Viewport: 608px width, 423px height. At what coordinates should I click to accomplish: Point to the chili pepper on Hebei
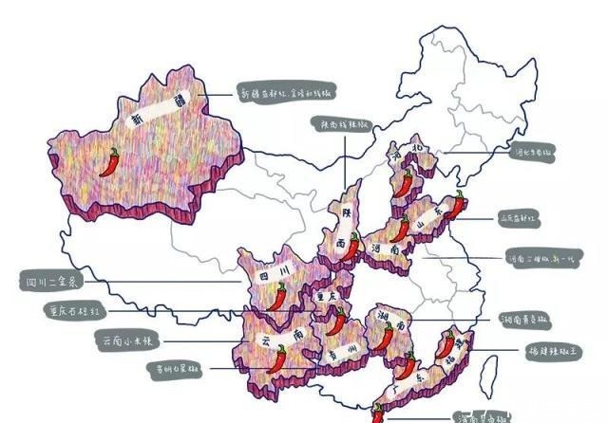pyautogui.click(x=404, y=183)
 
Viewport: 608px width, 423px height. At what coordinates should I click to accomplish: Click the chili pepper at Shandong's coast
pyautogui.click(x=458, y=205)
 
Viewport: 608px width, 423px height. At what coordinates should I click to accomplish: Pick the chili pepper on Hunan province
pyautogui.click(x=387, y=335)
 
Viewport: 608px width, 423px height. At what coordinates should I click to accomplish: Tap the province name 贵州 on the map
pyautogui.click(x=345, y=353)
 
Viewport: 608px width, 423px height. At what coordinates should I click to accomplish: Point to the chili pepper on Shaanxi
pyautogui.click(x=352, y=248)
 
